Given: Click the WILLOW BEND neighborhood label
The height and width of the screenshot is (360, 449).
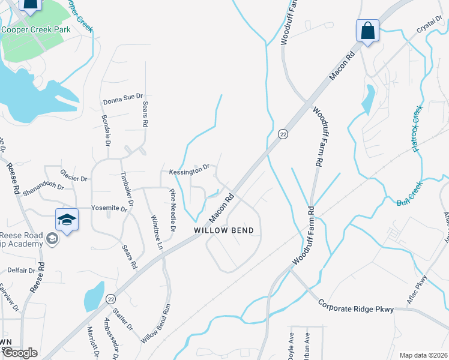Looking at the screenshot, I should (223, 230).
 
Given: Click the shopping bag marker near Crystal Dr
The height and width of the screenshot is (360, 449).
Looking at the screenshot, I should (367, 31).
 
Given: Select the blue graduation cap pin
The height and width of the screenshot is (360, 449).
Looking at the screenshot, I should (67, 220).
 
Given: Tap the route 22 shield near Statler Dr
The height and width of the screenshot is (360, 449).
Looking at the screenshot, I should (110, 298).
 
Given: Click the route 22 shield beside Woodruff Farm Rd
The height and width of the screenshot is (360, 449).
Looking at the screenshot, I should (283, 134).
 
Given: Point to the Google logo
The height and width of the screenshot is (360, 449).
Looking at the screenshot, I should (20, 353).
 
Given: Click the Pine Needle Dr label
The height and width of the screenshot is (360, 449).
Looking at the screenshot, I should (172, 211).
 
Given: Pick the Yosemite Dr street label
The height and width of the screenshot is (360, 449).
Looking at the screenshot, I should (110, 208).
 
